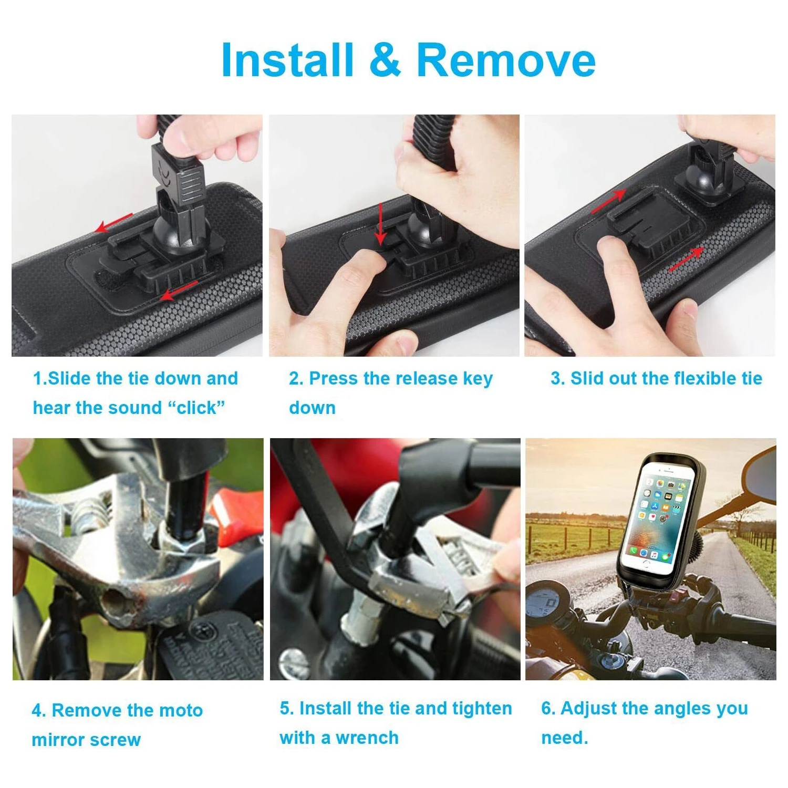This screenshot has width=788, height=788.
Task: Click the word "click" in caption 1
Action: pos(197,408)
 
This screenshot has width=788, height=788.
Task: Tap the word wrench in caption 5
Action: pos(367,738)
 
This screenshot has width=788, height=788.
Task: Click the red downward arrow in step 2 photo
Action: pos(381,225)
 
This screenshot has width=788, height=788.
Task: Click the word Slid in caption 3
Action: pos(587,378)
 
